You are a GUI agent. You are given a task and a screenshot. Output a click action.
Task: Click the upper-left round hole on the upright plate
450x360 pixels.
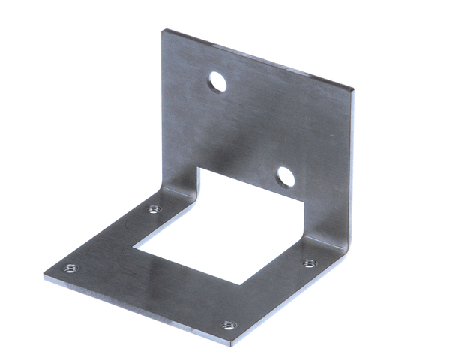click(217, 81)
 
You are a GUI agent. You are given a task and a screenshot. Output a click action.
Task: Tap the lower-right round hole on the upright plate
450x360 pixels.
click(285, 177)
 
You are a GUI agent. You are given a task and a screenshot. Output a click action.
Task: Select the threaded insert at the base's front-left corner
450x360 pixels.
click(70, 268)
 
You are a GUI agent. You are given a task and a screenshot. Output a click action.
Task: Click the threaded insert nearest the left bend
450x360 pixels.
click(154, 209)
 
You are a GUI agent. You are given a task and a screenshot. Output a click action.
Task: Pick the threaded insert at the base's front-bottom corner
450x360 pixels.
click(227, 325)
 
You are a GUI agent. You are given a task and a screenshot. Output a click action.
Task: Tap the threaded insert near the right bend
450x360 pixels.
click(309, 263)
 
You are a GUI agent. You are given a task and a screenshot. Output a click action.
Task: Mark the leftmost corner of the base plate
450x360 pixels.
click(45, 272)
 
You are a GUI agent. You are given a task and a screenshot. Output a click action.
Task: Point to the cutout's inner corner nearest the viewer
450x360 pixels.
click(239, 284)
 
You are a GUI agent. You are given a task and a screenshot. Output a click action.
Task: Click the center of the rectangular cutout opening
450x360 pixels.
click(225, 225)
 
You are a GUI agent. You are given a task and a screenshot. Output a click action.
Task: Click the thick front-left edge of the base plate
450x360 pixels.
click(135, 311)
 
